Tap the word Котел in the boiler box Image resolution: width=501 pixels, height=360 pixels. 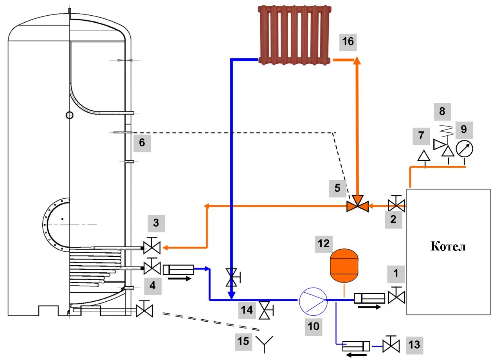pyautogui.click(x=448, y=247)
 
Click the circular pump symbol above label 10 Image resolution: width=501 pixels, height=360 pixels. pyautogui.click(x=312, y=301)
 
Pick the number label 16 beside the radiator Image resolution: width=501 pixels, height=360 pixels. pyautogui.click(x=348, y=41)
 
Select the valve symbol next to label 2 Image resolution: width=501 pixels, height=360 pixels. pyautogui.click(x=396, y=205)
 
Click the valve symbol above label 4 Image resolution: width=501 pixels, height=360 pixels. pyautogui.click(x=152, y=268)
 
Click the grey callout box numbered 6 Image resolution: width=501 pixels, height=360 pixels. pyautogui.click(x=142, y=143)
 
